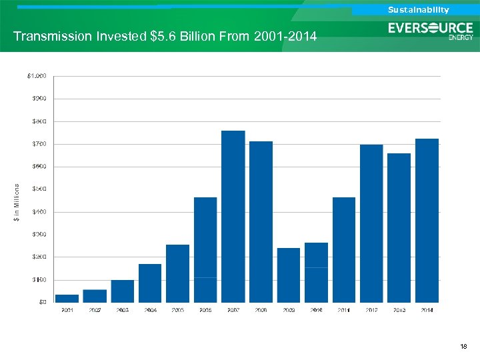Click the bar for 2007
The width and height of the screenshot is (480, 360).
(x=233, y=216)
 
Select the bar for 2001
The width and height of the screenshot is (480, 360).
(x=67, y=298)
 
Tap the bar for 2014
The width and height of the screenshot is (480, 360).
(x=427, y=220)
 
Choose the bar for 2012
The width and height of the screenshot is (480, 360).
(x=371, y=223)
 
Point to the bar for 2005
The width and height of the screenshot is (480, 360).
(x=178, y=273)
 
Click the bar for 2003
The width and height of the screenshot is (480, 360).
(x=123, y=291)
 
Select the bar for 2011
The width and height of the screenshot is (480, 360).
(x=344, y=249)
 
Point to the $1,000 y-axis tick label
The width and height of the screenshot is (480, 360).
(x=37, y=76)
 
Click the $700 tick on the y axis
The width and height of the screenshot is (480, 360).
(x=39, y=144)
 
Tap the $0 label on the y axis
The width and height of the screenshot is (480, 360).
(x=41, y=302)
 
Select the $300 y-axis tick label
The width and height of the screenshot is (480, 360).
(x=39, y=234)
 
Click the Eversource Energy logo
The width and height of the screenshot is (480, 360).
(x=431, y=31)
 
